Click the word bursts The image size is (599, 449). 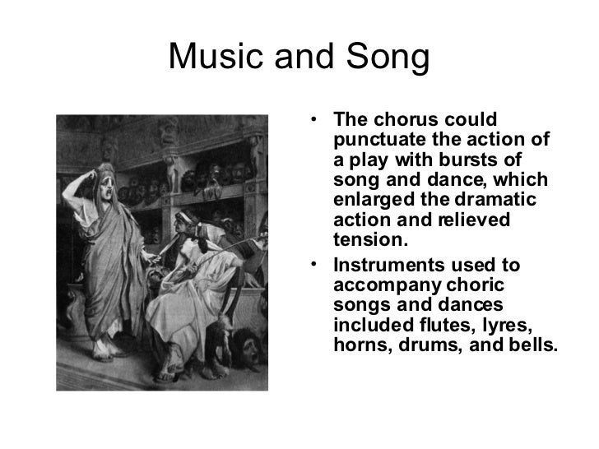point(469,159)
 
